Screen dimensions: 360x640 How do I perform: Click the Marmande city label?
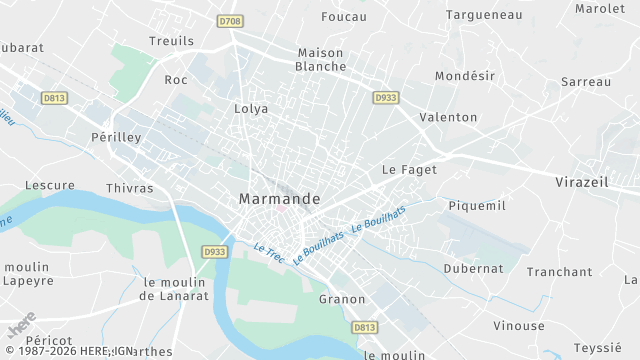tap(280, 199)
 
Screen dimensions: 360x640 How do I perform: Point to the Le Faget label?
tap(410, 170)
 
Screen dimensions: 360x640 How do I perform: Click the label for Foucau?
tap(344, 17)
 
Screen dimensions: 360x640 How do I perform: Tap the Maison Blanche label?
tap(320, 60)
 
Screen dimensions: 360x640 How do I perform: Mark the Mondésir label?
tap(466, 76)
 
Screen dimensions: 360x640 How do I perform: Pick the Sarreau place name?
tap(586, 81)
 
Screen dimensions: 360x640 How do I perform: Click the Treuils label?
tap(171, 41)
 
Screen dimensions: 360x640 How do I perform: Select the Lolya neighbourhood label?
tap(251, 109)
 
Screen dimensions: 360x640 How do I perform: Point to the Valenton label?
tap(449, 117)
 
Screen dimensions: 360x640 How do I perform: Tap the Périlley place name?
tap(116, 137)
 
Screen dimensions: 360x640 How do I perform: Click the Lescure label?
tap(50, 185)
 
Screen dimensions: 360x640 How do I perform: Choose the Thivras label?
tap(130, 188)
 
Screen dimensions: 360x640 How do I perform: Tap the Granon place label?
tap(342, 299)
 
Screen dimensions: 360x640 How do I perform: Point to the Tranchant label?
tap(560, 271)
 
